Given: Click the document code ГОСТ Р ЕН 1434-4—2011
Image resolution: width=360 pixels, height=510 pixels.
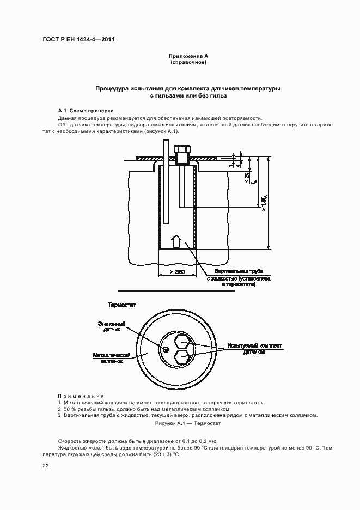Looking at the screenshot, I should tap(78, 39).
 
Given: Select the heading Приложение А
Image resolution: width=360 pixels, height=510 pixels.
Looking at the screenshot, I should tap(188, 57).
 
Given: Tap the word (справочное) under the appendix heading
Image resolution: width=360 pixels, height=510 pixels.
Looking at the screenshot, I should tap(188, 63).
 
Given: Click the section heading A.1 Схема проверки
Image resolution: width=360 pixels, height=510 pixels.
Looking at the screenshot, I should tap(86, 110).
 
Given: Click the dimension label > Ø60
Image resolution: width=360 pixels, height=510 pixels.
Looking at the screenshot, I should tap(178, 271).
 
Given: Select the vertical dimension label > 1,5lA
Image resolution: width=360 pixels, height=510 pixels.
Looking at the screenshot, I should tap(264, 203).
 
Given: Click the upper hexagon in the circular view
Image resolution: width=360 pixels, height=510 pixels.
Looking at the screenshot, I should tap(181, 343).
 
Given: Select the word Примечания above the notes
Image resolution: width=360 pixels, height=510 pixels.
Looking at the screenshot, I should tap(81, 396).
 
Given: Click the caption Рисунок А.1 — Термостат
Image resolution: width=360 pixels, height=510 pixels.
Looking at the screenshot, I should tap(188, 423).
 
